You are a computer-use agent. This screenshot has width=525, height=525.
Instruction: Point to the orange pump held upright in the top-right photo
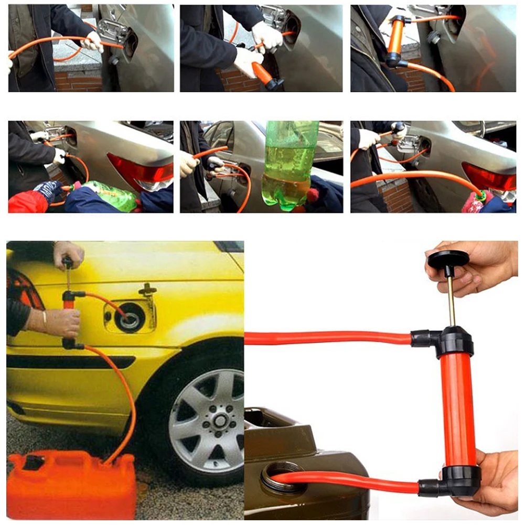coord(395,39)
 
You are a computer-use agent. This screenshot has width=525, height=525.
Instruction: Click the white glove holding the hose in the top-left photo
coord(93,42)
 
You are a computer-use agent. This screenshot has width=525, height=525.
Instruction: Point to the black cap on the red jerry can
coord(34,462)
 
